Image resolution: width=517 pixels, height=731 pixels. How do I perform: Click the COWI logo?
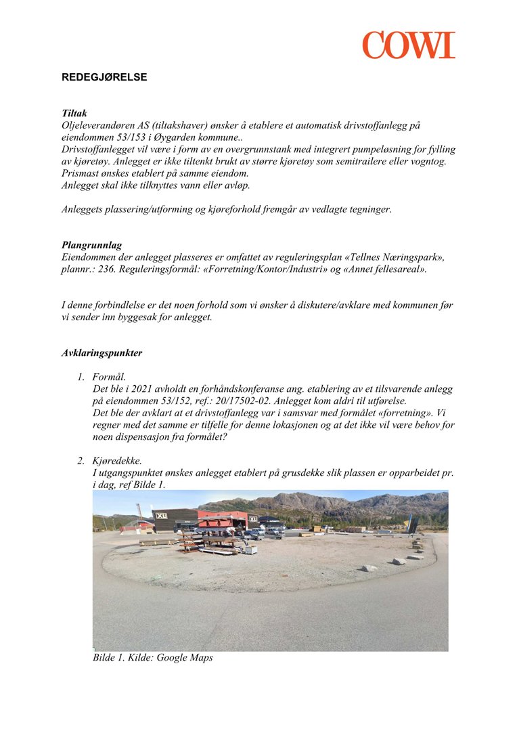pyautogui.click(x=408, y=45)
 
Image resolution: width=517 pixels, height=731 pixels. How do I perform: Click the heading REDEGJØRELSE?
pyautogui.click(x=104, y=77)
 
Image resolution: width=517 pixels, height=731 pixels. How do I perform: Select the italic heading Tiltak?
pyautogui.click(x=74, y=114)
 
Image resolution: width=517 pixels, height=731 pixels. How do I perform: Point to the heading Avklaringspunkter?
pyautogui.click(x=102, y=353)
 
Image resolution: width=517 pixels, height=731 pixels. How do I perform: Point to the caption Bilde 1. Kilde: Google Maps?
pyautogui.click(x=152, y=657)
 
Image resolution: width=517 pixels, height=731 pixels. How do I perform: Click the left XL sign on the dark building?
pyautogui.click(x=161, y=516)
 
